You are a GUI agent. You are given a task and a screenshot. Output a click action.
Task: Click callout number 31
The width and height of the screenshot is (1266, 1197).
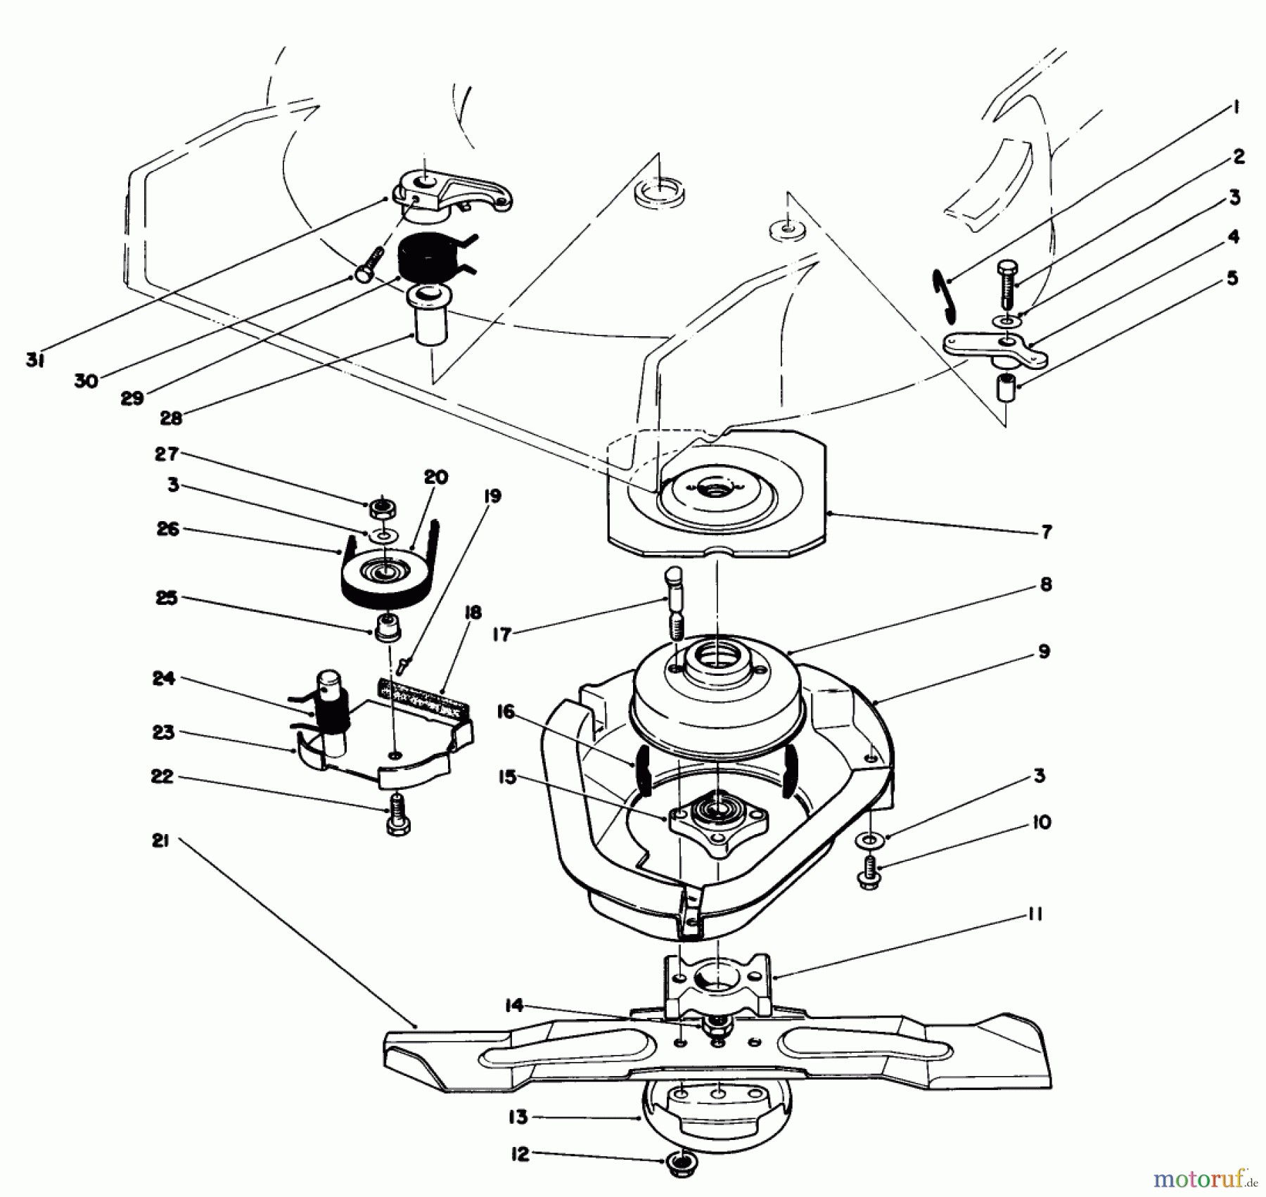[x=35, y=360]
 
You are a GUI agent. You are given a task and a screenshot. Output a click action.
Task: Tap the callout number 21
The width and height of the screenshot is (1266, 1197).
[x=160, y=840]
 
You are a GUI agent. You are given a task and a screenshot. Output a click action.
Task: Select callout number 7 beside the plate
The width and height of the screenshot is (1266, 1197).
[x=1046, y=532]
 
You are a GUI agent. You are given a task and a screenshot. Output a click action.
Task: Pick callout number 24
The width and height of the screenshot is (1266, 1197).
[x=163, y=679]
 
